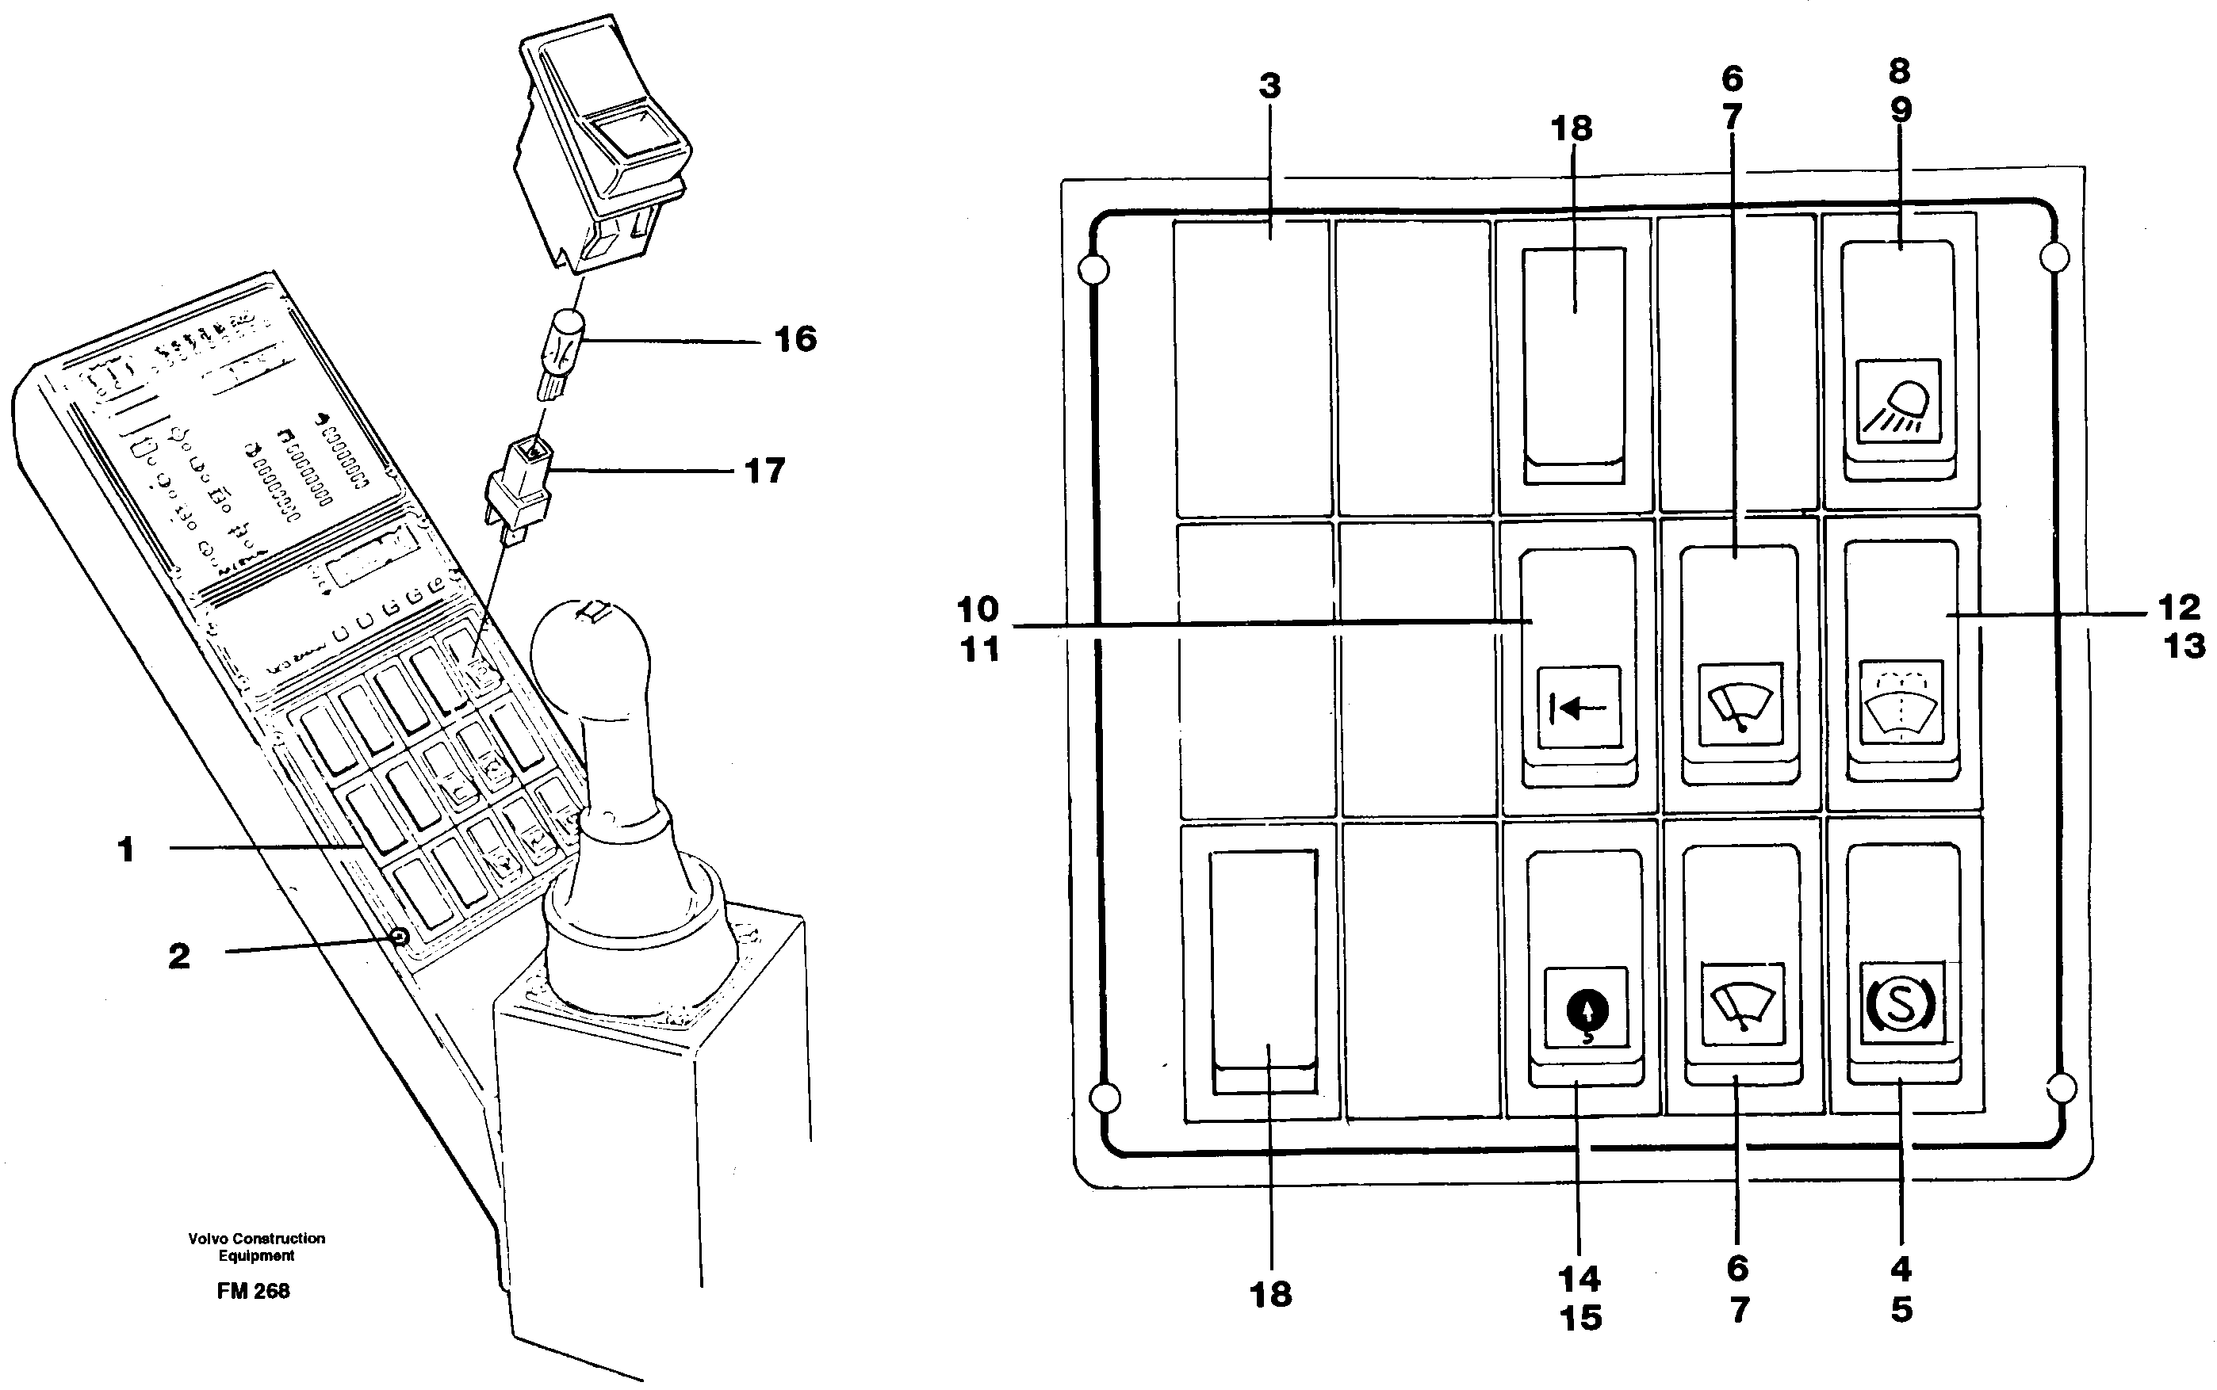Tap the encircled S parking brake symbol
(x=1900, y=1005)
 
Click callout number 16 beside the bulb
(x=795, y=340)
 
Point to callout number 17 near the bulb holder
(x=764, y=472)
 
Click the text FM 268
(x=253, y=1292)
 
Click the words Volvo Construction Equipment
(x=257, y=1247)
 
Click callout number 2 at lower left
(x=179, y=956)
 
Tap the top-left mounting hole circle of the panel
(x=1093, y=270)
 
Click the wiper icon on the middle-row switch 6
(x=1740, y=705)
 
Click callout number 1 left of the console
(x=126, y=850)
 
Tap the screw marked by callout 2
(x=399, y=937)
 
